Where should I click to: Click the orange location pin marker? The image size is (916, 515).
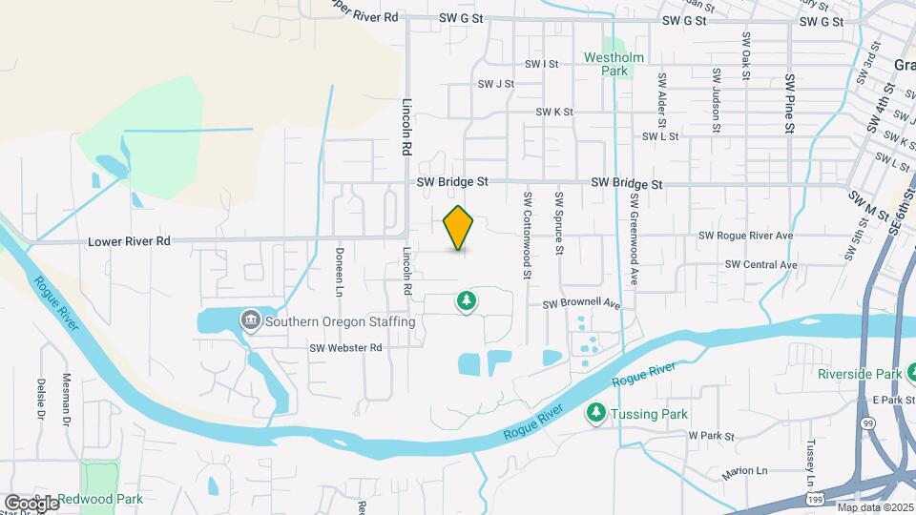pyautogui.click(x=459, y=227)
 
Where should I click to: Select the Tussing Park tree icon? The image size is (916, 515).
pyautogui.click(x=596, y=412)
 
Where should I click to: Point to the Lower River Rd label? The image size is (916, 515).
pyautogui.click(x=129, y=241)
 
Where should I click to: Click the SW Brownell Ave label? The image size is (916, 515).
pyautogui.click(x=582, y=305)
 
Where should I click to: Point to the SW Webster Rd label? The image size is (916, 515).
pyautogui.click(x=345, y=348)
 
